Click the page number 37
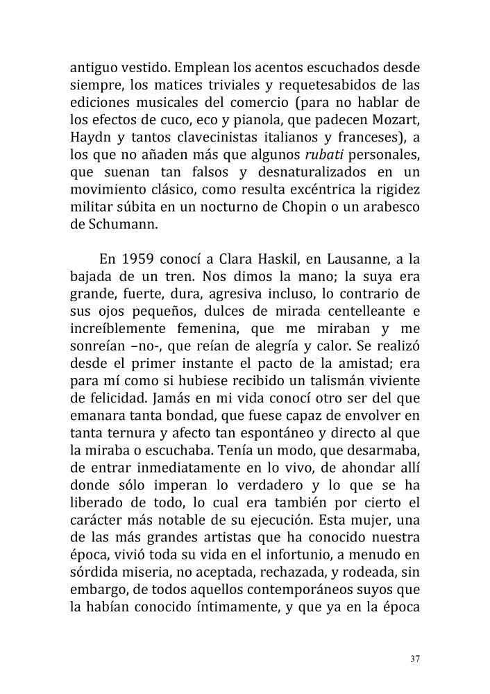(415, 659)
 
